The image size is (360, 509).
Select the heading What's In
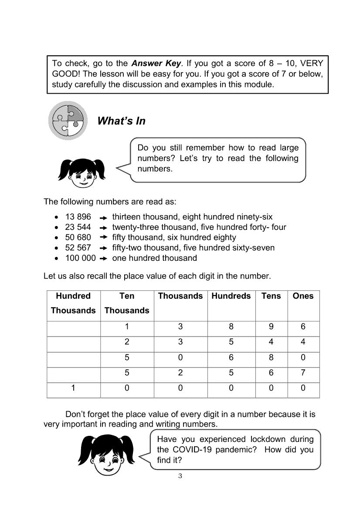(x=121, y=121)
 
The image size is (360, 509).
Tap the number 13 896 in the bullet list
(x=78, y=217)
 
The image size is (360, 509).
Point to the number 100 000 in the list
(x=80, y=258)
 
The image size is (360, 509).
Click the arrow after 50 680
(x=103, y=238)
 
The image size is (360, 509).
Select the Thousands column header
(x=180, y=296)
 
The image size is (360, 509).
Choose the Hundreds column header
(x=231, y=296)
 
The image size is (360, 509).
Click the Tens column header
(x=271, y=296)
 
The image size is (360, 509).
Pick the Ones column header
(x=303, y=296)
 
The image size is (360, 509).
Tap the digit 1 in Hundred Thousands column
(x=73, y=388)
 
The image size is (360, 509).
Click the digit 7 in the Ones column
(x=303, y=373)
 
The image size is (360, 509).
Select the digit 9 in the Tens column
(x=271, y=327)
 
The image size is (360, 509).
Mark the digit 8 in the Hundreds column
(x=231, y=327)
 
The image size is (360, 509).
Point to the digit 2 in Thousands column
(x=180, y=373)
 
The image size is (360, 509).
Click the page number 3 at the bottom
(x=180, y=476)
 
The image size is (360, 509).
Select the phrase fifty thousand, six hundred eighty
(x=174, y=237)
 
